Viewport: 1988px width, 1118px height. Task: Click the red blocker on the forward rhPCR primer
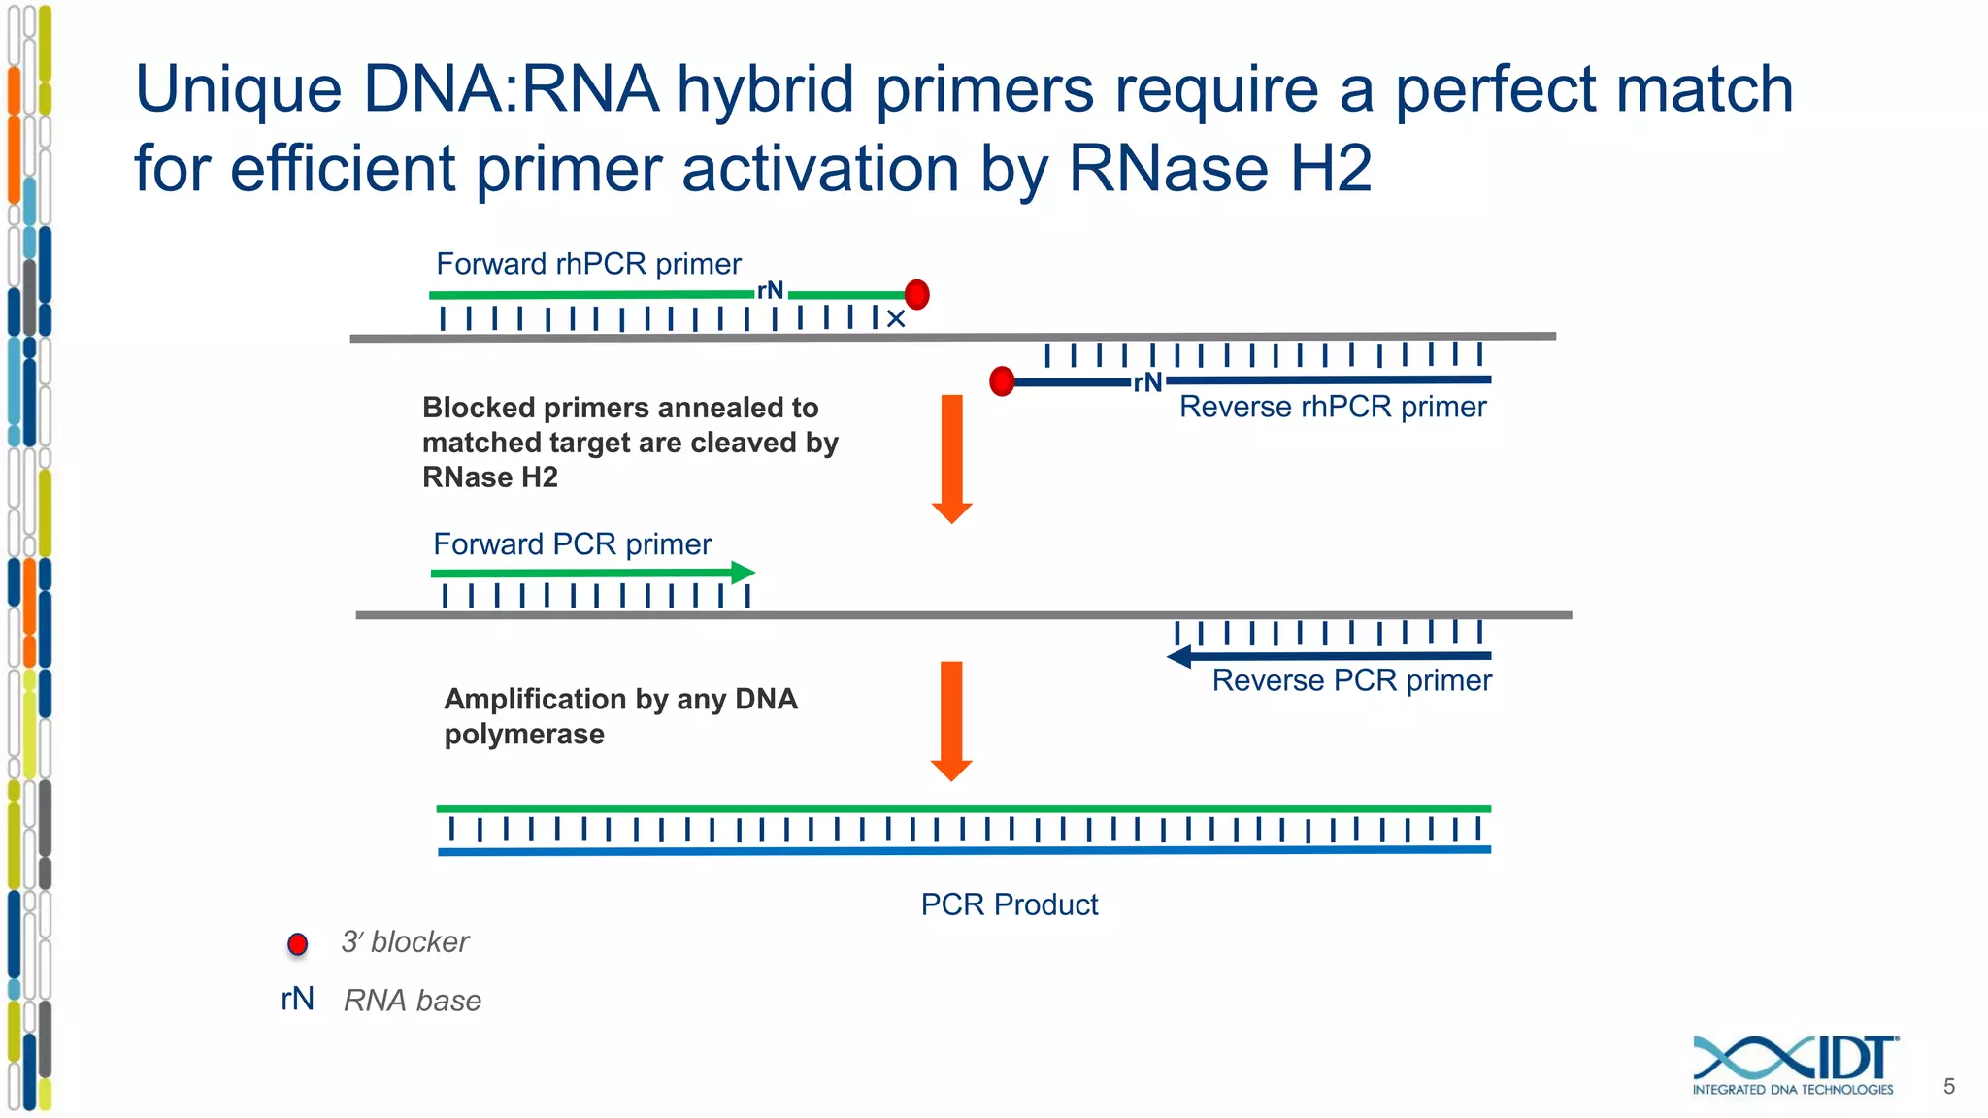point(916,294)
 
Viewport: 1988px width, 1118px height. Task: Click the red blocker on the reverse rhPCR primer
point(1002,381)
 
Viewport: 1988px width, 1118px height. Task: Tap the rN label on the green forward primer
point(771,290)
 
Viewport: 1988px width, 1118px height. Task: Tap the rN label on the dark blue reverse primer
point(1147,382)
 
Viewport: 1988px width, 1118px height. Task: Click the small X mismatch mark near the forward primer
point(896,319)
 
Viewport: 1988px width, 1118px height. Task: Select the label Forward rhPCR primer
point(588,264)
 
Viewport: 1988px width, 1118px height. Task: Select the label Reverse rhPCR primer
point(1332,407)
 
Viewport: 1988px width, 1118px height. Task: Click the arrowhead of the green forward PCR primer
point(743,573)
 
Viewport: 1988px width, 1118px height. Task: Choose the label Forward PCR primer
point(572,544)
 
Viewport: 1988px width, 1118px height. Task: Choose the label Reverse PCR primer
point(1351,680)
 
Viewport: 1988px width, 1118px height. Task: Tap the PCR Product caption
point(1009,904)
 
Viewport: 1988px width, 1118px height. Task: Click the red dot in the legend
point(298,943)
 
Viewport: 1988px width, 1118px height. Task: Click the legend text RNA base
point(413,1001)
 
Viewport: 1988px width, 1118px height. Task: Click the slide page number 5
point(1948,1087)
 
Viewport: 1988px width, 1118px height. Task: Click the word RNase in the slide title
point(1169,169)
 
